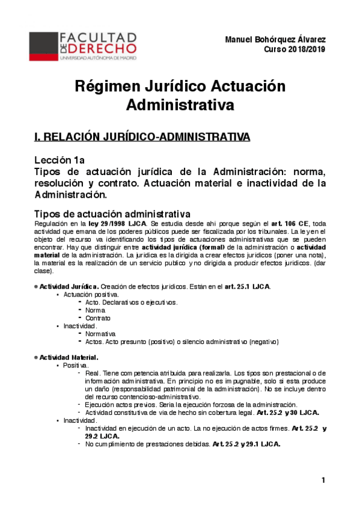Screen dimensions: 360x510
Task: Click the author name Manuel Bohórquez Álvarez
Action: (x=275, y=40)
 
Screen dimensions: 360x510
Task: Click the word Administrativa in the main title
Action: (x=180, y=106)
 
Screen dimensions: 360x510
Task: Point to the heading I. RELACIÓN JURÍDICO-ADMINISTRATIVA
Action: (x=142, y=137)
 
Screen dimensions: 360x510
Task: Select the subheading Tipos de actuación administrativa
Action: (x=112, y=214)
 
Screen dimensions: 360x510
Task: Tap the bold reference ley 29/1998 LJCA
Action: (x=115, y=224)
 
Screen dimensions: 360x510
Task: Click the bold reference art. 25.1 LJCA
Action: (x=247, y=286)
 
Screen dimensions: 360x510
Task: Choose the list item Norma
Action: (x=96, y=310)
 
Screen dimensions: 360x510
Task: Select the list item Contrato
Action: (x=99, y=318)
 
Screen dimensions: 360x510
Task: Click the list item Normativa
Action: (x=101, y=333)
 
